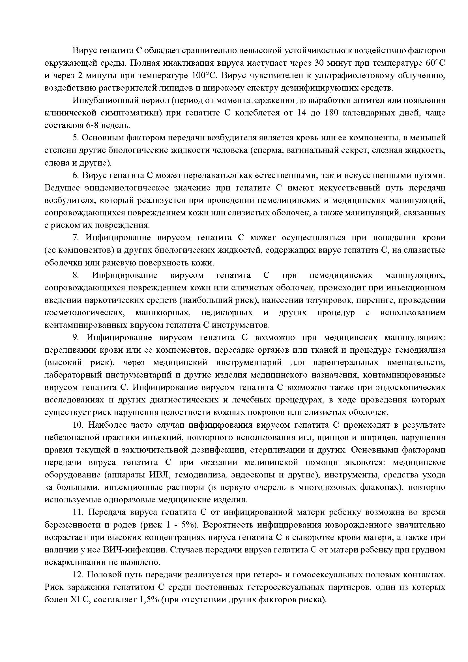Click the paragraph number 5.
pyautogui.click(x=76, y=138)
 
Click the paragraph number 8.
pyautogui.click(x=76, y=275)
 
